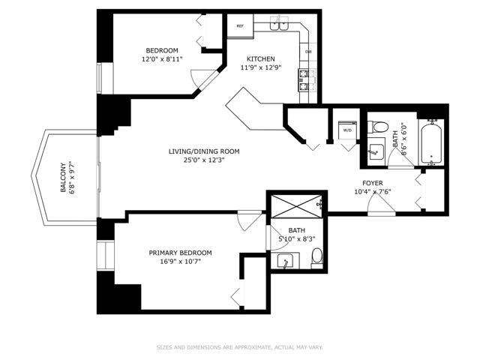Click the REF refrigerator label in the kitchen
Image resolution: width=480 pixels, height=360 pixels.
240,26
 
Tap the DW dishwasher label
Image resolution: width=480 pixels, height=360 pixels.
308,52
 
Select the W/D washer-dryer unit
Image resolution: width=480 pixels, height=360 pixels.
347,130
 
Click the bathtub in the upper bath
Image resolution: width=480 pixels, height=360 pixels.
431,142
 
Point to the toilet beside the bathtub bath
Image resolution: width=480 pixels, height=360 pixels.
378,127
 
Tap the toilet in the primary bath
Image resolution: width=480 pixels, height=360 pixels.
316,258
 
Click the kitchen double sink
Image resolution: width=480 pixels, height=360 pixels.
280,24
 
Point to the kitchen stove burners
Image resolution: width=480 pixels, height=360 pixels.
303,80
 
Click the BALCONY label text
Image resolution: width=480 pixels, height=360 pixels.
63,178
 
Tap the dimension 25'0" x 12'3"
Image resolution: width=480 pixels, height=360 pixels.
204,160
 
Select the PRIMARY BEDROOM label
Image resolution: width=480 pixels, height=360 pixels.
180,253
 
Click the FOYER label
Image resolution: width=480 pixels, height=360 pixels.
373,183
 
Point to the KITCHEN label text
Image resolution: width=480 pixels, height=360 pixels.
261,58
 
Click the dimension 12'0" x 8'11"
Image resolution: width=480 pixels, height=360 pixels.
162,59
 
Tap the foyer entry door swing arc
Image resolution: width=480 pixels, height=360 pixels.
377,199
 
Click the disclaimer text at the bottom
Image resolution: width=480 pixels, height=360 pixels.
240,347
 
